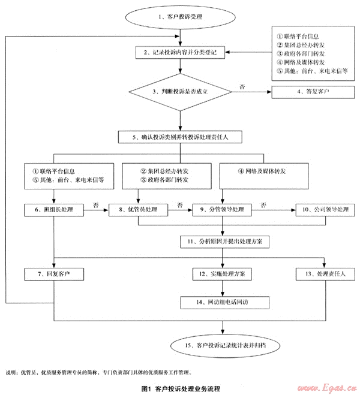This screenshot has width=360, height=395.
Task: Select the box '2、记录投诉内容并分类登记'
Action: pyautogui.click(x=179, y=53)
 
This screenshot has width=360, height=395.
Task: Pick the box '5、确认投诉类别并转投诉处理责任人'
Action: pyautogui.click(x=181, y=136)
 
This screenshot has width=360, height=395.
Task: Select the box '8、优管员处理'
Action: pyautogui.click(x=138, y=210)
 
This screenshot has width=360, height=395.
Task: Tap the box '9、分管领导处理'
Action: pyautogui.click(x=223, y=210)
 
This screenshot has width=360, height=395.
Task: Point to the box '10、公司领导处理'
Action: pyautogui.click(x=325, y=210)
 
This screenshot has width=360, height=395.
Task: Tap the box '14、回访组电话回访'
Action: pyautogui.click(x=223, y=302)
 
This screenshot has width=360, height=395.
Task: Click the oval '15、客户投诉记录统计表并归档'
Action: pyautogui.click(x=223, y=345)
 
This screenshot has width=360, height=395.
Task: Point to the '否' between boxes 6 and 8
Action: pyautogui.click(x=96, y=204)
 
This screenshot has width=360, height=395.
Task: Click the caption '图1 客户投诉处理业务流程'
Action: pyautogui.click(x=180, y=388)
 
